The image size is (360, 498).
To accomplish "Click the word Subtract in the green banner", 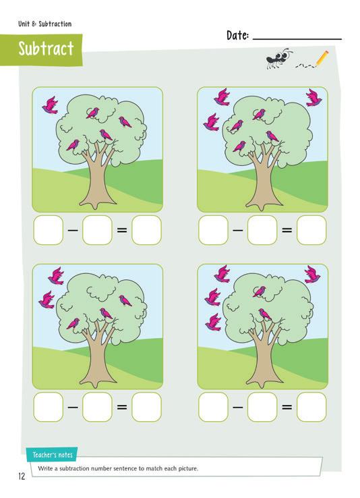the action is (46, 49).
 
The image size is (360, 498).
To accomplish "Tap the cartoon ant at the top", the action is (279, 58).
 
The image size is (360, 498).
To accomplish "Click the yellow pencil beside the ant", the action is (322, 58).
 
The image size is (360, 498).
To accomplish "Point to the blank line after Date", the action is (297, 39).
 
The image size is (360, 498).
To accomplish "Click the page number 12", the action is (22, 476).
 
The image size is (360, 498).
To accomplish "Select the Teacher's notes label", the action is (53, 455).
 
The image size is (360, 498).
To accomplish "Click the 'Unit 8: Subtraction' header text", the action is (44, 24).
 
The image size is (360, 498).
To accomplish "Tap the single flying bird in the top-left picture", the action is (50, 105).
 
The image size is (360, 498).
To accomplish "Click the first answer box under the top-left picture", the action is (49, 230).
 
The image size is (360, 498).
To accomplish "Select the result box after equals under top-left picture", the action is (146, 230).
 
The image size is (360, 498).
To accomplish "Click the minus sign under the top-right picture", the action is (237, 230).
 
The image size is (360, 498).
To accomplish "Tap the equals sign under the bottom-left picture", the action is (122, 407).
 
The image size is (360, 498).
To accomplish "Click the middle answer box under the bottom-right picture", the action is (262, 407).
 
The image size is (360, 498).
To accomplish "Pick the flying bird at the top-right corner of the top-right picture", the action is (313, 97).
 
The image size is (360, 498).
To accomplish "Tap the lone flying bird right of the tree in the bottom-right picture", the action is (312, 275).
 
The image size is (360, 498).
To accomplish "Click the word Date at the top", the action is (237, 35).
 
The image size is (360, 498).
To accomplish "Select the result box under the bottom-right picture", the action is (311, 407).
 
